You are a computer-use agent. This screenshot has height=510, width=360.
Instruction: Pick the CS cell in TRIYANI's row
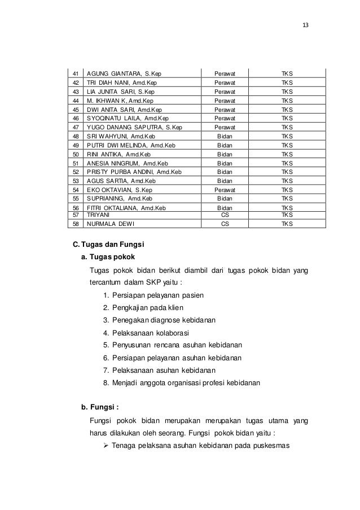[x=225, y=215]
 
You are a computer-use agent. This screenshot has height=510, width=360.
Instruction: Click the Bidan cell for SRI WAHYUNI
[x=225, y=136]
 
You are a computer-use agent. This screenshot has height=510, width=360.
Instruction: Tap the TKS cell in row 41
[x=287, y=74]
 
